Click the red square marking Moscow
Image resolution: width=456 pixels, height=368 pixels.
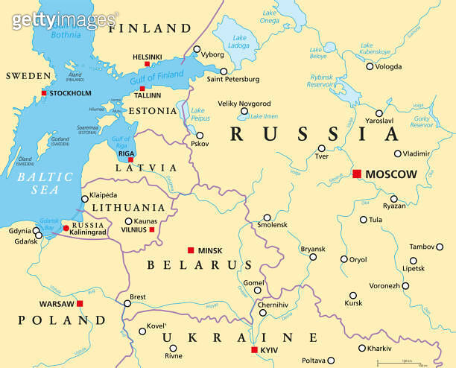tap(356, 174)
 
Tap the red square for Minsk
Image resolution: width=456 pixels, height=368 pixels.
tap(191, 250)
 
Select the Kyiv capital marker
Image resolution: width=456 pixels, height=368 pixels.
tap(254, 349)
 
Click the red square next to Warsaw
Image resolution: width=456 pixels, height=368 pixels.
tap(80, 304)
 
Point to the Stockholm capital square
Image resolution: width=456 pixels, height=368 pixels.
tap(44, 93)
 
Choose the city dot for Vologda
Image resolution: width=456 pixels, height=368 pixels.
tap(370, 66)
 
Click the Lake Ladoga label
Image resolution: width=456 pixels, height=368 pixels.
tap(239, 42)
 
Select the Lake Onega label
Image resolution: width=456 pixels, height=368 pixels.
tap(269, 16)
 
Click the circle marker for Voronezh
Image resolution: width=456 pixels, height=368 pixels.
tap(405, 285)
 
